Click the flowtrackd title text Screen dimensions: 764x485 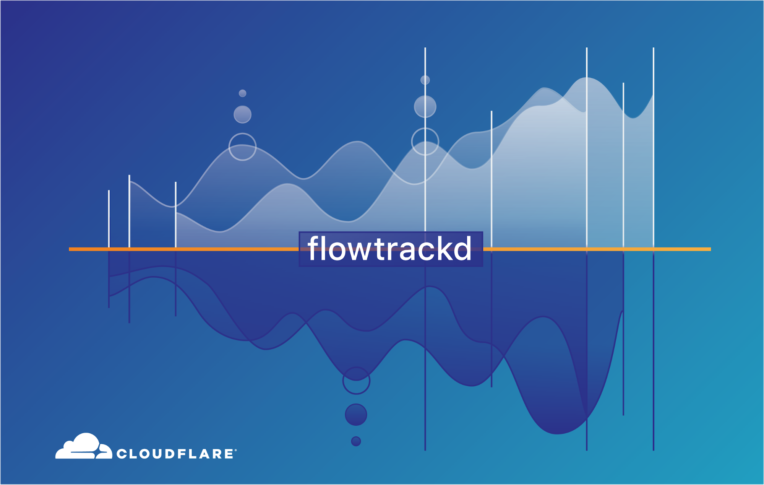pos(389,249)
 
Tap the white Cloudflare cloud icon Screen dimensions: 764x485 pos(84,446)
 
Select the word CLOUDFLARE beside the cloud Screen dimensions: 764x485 pos(175,454)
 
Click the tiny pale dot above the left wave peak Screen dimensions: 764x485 pos(242,93)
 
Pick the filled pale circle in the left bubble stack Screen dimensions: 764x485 pos(242,114)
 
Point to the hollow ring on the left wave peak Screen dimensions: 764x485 pos(242,133)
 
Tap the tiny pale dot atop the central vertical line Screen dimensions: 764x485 pos(425,80)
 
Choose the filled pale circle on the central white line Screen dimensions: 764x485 pos(425,107)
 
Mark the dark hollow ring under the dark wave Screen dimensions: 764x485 pos(356,368)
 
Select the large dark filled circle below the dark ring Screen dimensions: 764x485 pos(356,415)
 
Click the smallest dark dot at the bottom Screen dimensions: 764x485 pos(356,441)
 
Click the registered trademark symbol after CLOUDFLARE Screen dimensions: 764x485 pos(236,450)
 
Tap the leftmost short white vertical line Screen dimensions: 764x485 pos(109,219)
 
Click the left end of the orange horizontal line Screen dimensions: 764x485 pos(69,249)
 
